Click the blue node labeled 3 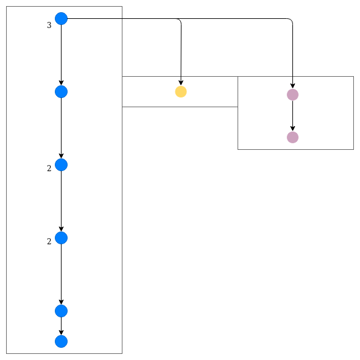[61, 18]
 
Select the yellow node [181, 91]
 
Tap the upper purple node [292, 94]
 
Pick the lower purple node [292, 137]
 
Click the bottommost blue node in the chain [61, 341]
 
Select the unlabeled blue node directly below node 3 [61, 91]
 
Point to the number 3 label [49, 25]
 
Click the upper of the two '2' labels [49, 168]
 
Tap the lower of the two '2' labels [49, 241]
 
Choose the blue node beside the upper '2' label [61, 164]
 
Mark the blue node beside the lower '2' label [61, 238]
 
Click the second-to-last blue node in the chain [61, 311]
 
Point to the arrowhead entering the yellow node [181, 83]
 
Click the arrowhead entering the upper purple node [292, 86]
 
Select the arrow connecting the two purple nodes [292, 116]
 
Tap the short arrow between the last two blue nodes [61, 326]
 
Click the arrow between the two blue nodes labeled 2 [61, 201]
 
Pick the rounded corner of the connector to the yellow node [180, 20]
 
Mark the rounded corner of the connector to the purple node [291, 20]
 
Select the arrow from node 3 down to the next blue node [61, 55]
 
